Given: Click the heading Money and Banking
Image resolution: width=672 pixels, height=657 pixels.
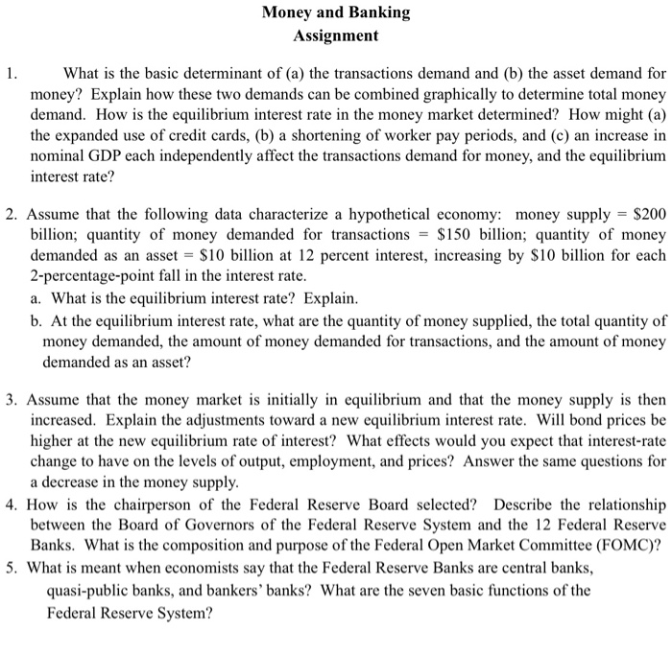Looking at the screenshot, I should pos(336,13).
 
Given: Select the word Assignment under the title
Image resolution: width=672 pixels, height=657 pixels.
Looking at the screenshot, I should pos(336,36).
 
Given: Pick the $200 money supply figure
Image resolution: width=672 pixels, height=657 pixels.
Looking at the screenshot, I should pos(645,213).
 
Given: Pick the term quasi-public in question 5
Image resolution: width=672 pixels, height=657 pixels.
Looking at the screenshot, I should pos(89,589).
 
